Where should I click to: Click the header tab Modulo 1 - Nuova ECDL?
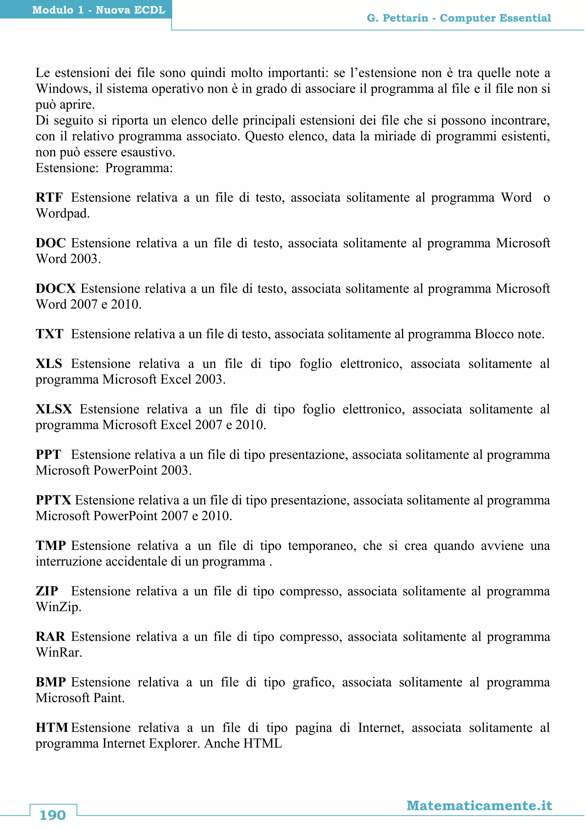tap(98, 10)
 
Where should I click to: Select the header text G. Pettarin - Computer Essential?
tap(459, 18)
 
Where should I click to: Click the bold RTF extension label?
tap(49, 198)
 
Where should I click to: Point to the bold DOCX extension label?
tap(56, 289)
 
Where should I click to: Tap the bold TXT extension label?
tap(50, 334)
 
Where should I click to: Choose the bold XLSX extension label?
tap(54, 409)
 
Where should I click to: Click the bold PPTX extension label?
tap(54, 500)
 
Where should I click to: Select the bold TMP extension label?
tap(51, 546)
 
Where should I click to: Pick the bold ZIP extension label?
tap(47, 591)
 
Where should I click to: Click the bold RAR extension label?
tap(50, 637)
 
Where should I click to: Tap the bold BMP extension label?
tap(51, 682)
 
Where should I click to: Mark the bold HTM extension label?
tap(52, 728)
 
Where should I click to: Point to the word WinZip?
tap(58, 607)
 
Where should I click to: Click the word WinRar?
tap(58, 652)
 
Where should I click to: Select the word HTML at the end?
tap(263, 743)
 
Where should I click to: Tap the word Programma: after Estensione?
tap(139, 168)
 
